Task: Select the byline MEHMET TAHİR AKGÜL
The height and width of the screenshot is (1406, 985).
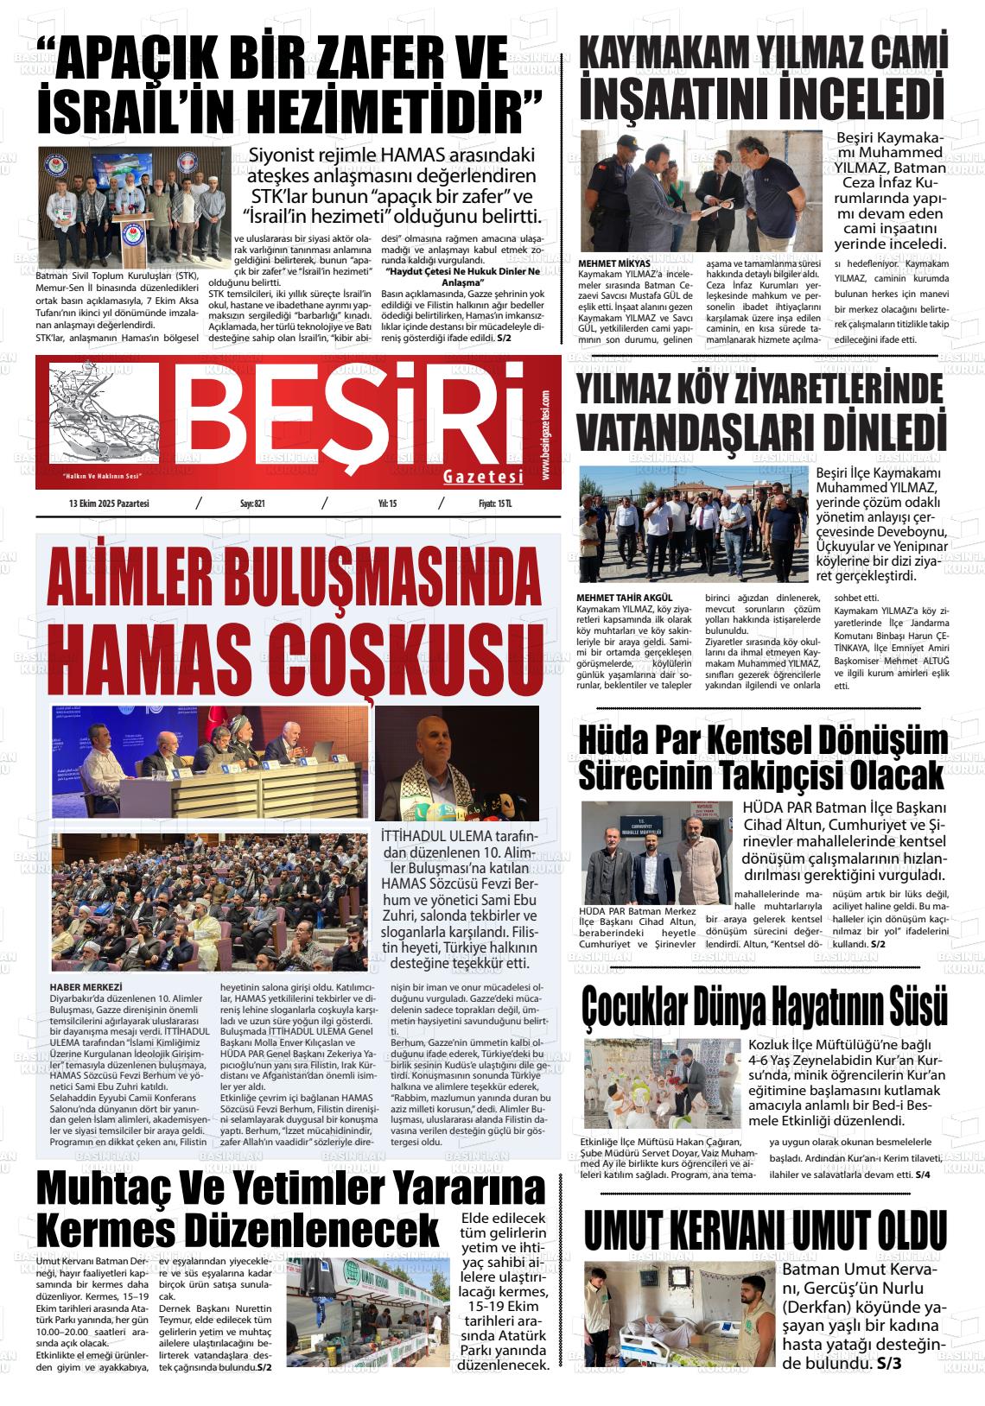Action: pos(624,598)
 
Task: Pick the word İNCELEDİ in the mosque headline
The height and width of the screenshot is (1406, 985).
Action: pos(861,98)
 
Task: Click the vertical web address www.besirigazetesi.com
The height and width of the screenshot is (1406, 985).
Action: pos(546,435)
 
